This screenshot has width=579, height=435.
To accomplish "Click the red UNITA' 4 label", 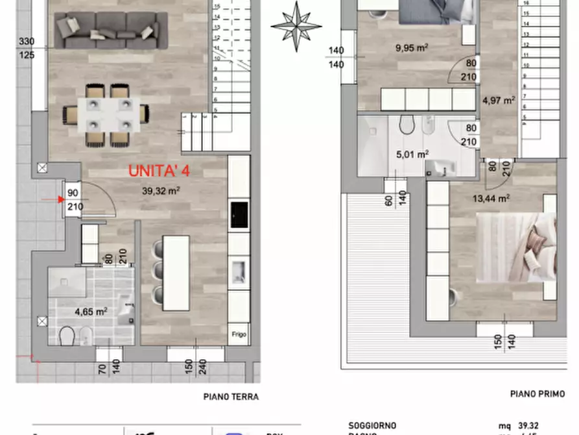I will click(159, 172).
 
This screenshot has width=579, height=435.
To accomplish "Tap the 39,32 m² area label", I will click(161, 191).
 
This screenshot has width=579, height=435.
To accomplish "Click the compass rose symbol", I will click(296, 26).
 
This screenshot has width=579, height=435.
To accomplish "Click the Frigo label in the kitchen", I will click(239, 335).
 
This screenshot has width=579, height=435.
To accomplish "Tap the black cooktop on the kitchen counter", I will click(239, 215).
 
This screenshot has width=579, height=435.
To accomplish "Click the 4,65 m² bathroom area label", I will click(91, 311).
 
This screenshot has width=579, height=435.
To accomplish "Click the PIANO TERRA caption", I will click(231, 397).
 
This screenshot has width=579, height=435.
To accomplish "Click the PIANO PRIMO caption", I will click(537, 393).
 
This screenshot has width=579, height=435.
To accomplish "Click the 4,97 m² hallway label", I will click(499, 100).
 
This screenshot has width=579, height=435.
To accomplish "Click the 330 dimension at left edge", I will click(45, 42).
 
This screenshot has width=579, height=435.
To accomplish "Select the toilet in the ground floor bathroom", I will click(67, 336).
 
